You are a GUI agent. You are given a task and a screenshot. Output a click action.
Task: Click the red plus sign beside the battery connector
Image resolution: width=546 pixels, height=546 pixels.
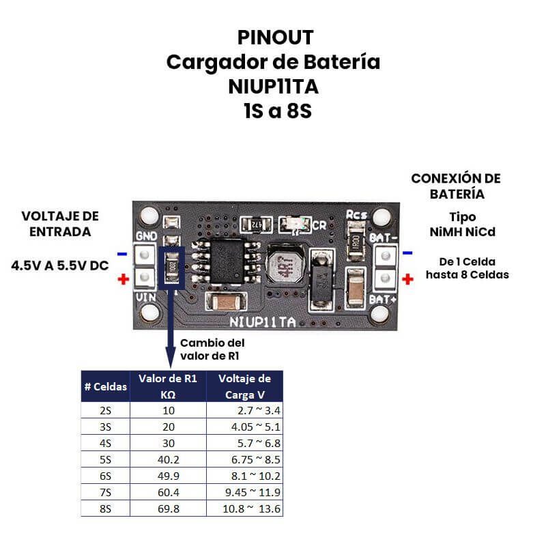click(408, 278)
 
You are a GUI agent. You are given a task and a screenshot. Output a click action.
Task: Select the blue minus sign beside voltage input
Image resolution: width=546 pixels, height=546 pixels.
click(122, 255)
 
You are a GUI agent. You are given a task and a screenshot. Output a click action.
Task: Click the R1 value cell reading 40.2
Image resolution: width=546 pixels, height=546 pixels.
click(168, 459)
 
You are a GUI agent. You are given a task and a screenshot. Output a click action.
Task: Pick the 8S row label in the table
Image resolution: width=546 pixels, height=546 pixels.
click(105, 508)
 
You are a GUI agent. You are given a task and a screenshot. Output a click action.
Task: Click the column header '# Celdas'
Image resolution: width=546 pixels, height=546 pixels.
click(106, 386)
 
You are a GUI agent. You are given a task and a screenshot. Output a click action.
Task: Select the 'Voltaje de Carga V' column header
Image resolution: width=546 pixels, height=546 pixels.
click(244, 386)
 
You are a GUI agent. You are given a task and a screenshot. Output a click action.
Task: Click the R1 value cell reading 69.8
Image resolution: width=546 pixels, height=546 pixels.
click(168, 508)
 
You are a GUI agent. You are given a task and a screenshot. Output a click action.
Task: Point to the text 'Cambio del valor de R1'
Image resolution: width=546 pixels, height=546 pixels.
click(212, 349)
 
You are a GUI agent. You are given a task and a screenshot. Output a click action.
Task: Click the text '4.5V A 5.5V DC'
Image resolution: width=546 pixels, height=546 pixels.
click(60, 265)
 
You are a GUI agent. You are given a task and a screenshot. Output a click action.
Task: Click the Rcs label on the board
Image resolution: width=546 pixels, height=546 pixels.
click(356, 215)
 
